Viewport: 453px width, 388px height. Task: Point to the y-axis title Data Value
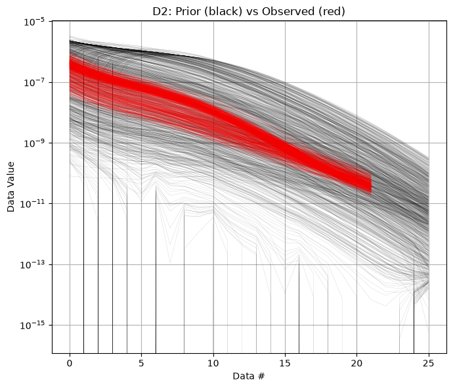[11, 187]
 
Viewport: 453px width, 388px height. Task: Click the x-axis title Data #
[249, 376]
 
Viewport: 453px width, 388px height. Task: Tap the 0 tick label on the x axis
[70, 363]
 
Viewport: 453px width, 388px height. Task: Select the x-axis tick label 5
[141, 363]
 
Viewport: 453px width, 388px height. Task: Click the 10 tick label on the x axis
[213, 363]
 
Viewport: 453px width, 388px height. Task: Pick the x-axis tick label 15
[285, 363]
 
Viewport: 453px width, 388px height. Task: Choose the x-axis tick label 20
[356, 363]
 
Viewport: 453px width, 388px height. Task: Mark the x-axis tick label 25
[429, 363]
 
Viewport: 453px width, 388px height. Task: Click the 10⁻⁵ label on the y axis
[33, 22]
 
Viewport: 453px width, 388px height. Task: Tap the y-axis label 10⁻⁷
[33, 82]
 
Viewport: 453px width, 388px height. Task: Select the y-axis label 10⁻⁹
[33, 143]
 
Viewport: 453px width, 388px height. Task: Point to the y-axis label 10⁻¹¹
[32, 204]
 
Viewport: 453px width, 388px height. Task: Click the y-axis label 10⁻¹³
[32, 264]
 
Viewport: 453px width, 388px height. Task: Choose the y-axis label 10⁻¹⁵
[32, 326]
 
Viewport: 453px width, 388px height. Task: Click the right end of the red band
[371, 183]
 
